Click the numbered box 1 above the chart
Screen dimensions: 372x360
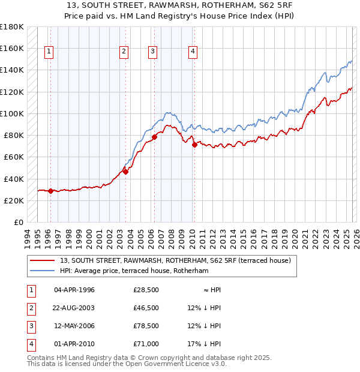(x=49, y=52)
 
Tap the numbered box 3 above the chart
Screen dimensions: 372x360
(x=153, y=52)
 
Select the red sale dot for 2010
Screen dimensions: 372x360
(x=194, y=145)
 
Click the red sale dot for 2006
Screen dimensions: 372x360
(x=154, y=137)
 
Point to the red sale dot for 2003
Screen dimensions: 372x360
(x=126, y=172)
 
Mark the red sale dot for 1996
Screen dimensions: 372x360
(x=50, y=191)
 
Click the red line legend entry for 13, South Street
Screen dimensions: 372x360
(x=175, y=260)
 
